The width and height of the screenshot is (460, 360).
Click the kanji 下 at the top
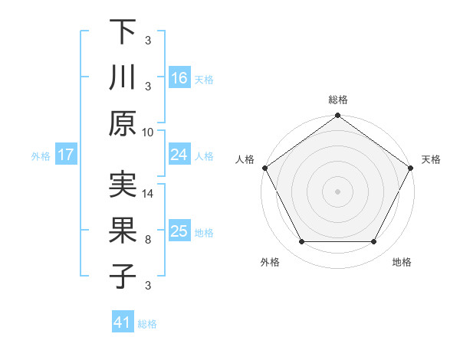123,32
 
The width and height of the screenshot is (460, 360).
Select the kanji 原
123,123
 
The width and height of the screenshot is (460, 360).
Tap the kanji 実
123,186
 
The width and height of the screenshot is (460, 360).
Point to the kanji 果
123,231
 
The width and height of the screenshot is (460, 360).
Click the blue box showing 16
179,78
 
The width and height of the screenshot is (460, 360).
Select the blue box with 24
179,155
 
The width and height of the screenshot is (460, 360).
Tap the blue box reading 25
179,231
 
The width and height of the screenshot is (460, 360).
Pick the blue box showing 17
66,155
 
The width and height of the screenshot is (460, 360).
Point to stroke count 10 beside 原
148,133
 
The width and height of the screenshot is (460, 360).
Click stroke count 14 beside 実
148,195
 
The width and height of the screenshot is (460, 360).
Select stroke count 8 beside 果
148,240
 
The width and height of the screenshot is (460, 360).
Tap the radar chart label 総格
337,100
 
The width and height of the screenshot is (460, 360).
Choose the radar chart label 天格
432,159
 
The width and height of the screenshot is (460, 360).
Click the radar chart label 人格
245,159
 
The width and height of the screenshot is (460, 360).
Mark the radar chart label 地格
402,262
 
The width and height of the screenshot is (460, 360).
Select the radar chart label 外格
270,262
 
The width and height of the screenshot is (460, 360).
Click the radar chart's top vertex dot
337,116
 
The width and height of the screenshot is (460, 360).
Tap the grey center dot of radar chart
337,191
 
